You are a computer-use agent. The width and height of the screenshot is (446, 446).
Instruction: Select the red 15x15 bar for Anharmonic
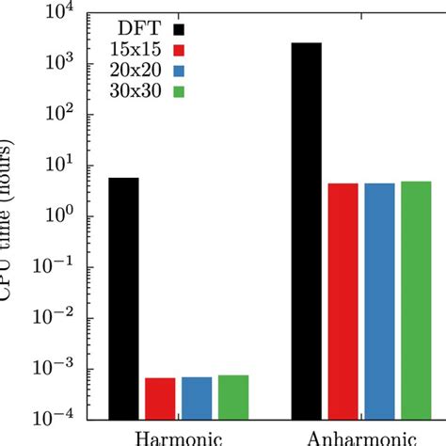pyautogui.click(x=343, y=301)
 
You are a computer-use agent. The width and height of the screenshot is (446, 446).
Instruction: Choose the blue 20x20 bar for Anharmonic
pyautogui.click(x=379, y=301)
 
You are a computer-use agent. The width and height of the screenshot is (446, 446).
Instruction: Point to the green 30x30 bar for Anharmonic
pyautogui.click(x=415, y=300)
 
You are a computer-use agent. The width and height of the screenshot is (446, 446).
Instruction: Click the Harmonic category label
pyautogui.click(x=178, y=438)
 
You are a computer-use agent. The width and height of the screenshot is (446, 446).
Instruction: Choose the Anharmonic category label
pyautogui.click(x=361, y=438)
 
